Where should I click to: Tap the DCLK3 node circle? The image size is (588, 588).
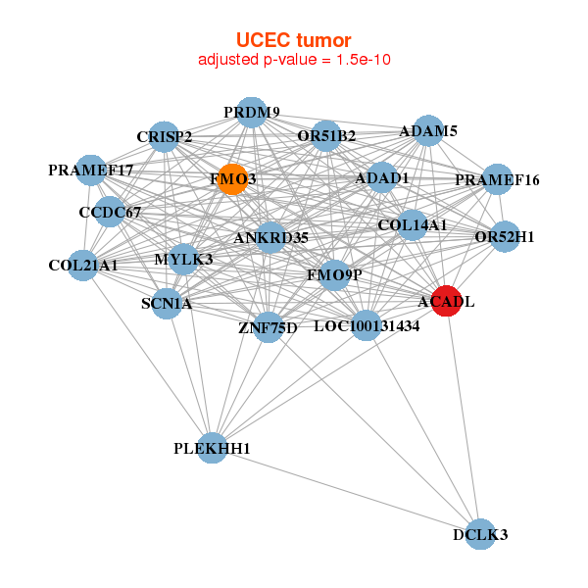pos(480,534)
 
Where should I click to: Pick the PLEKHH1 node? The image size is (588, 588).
pos(212,448)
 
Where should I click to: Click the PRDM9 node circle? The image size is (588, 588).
pos(252,112)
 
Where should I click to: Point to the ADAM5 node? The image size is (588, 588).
pos(428,130)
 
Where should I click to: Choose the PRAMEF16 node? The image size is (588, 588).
pos(497,179)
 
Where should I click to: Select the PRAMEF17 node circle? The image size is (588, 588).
pos(90,171)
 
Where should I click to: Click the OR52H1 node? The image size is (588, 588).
pos(504,236)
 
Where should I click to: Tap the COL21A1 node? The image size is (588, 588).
pos(83,265)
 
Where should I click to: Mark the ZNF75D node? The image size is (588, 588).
pos(268,326)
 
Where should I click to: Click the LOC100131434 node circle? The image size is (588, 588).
pos(366,325)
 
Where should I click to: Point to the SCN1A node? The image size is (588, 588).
pos(167,303)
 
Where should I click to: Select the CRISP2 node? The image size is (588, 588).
pos(164,136)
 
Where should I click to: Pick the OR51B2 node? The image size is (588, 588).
pos(326,135)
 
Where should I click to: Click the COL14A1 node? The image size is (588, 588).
pos(412,225)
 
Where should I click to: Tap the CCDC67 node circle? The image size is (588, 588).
pos(110,212)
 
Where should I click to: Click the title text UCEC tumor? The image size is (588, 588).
pos(293,40)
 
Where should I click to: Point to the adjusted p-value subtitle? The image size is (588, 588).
pos(295,60)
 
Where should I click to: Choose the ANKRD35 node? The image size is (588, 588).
pos(270,237)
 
